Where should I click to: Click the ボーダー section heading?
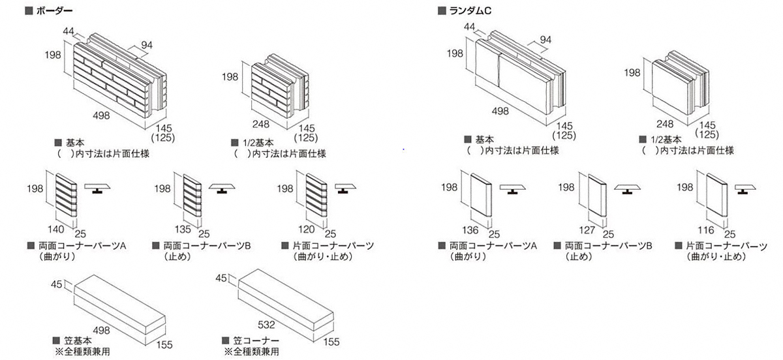point(53,11)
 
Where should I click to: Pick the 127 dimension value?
point(587,229)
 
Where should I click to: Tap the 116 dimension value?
point(705,229)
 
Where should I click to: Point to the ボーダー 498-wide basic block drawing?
point(117,75)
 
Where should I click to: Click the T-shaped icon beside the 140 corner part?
point(96,189)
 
